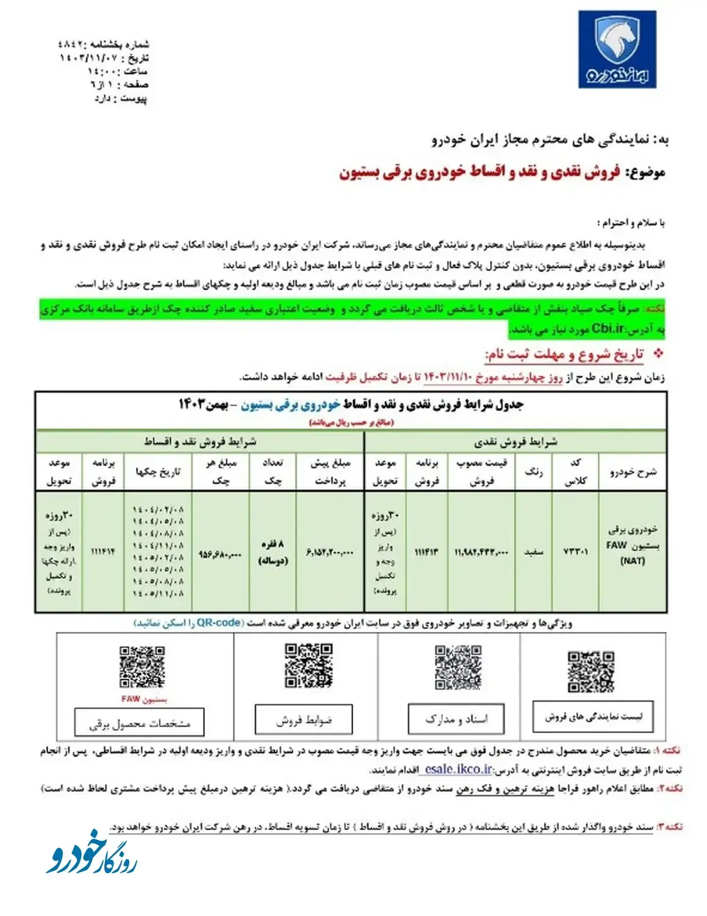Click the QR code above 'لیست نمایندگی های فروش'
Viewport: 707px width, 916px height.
[x=590, y=672]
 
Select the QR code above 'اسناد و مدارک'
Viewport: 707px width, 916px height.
[x=458, y=667]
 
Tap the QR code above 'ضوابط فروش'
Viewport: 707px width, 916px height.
[x=309, y=666]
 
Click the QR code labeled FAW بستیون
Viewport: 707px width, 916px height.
[x=142, y=667]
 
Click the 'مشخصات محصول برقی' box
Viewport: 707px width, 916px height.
[x=139, y=723]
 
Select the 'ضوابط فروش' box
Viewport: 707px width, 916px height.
[x=303, y=720]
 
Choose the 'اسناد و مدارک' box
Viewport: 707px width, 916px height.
[x=456, y=719]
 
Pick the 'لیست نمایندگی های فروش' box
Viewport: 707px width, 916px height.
[x=593, y=717]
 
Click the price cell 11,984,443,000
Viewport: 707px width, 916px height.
[x=481, y=552]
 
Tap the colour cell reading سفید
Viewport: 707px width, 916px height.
[x=534, y=552]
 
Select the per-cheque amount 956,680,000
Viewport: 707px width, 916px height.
[x=220, y=554]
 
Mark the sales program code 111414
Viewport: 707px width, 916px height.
[x=103, y=551]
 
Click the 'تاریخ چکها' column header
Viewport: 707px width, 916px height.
[x=157, y=471]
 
